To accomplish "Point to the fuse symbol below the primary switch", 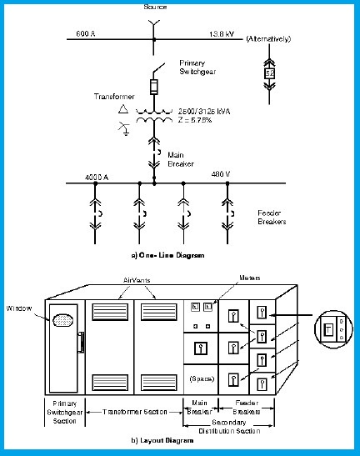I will click(153, 88).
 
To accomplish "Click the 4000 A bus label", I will click(97, 177).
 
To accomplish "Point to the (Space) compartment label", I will click(199, 378).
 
